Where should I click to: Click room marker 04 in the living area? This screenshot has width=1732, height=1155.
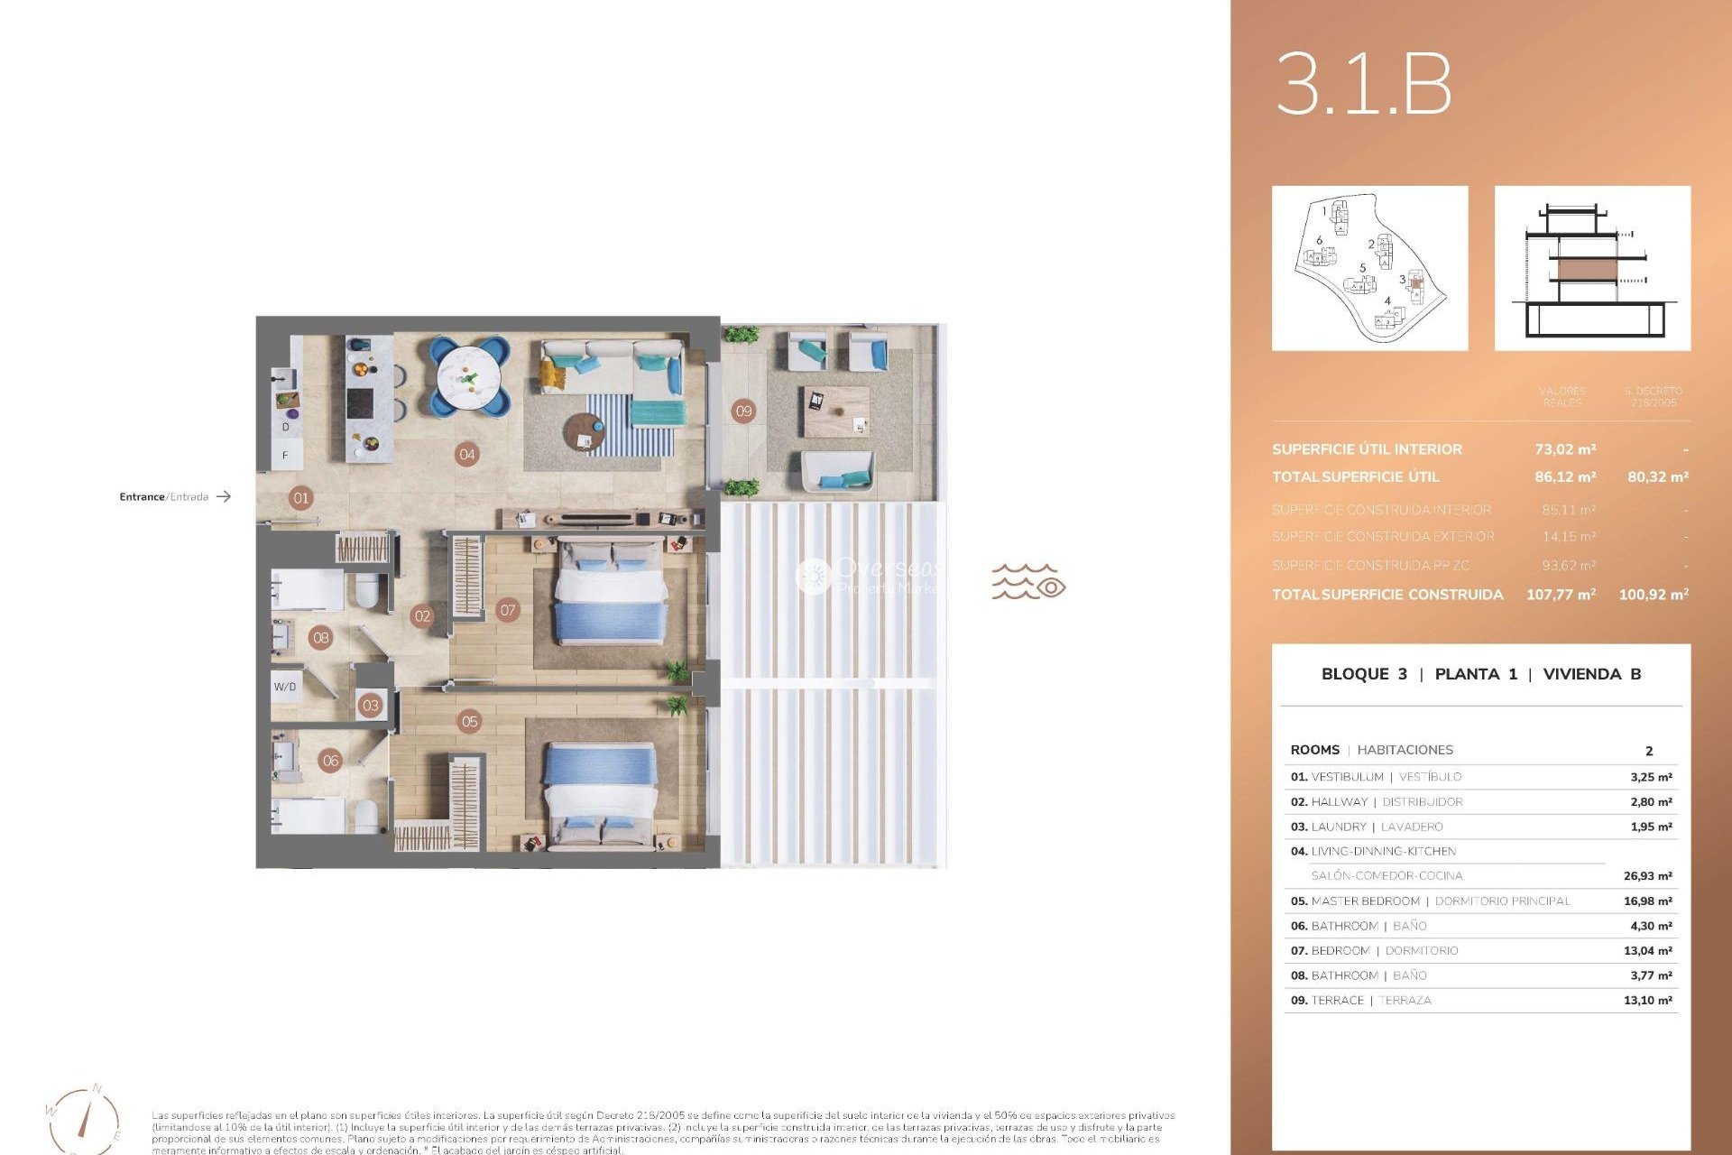466,454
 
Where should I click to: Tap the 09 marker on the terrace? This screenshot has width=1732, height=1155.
743,411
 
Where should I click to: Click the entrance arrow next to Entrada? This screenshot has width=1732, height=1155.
224,496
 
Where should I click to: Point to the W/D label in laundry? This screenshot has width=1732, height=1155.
285,687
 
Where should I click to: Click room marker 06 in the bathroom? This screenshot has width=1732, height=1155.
331,761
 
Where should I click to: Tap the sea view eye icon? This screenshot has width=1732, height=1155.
1050,587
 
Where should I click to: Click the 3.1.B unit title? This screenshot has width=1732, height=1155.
1363,84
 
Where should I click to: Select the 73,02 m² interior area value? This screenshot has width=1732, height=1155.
1565,448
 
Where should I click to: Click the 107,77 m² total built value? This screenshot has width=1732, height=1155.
1561,594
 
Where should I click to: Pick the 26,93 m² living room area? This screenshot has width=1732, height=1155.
1647,875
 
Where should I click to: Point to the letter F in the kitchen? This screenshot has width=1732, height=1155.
285,456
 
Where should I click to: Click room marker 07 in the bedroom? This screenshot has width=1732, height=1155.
508,610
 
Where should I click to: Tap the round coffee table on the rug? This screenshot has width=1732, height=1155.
585,433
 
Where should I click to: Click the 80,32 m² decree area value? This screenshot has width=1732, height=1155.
1657,476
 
